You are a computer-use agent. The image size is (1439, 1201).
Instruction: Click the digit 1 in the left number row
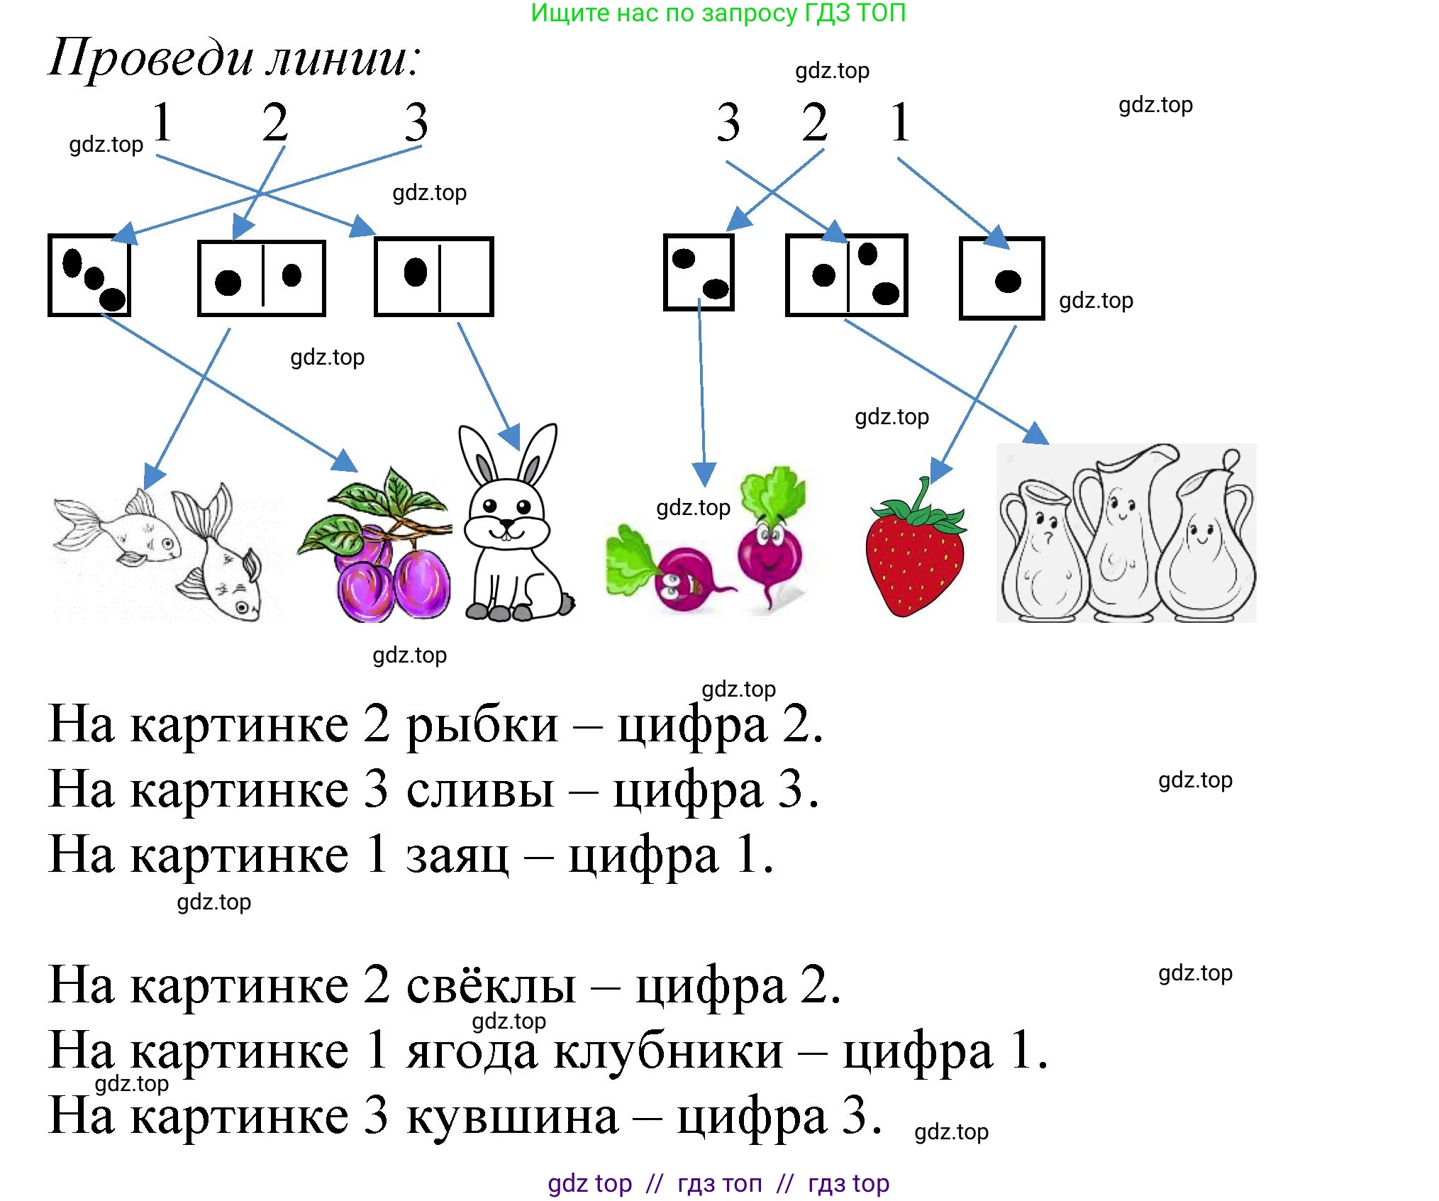point(162,122)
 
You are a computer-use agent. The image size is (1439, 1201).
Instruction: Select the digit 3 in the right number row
point(728,122)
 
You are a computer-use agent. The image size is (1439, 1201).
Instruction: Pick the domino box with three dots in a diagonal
point(89,275)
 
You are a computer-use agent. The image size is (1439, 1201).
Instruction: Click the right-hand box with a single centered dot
point(1001,279)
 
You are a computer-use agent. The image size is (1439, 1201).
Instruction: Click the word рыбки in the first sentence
point(482,725)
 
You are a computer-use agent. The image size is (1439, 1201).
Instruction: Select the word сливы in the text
point(480,790)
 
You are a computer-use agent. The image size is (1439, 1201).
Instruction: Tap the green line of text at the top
point(718,13)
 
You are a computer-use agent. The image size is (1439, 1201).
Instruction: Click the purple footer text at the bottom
point(718,1183)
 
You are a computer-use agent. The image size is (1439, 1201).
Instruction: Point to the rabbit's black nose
point(506,524)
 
